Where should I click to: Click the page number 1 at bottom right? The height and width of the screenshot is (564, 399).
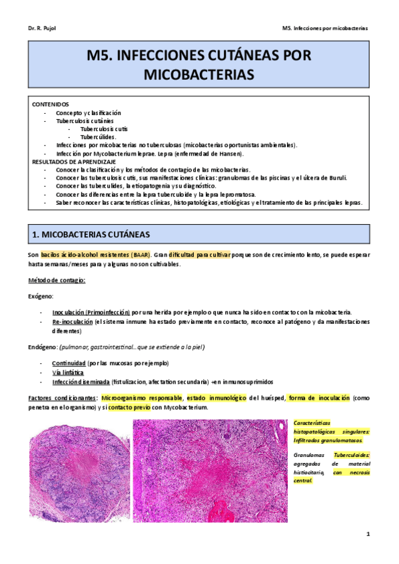click(367, 534)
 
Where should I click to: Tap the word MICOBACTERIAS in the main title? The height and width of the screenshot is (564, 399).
click(199, 74)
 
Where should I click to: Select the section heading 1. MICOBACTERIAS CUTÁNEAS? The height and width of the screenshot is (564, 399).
click(92, 235)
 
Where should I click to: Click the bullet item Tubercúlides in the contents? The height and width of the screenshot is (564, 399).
click(98, 137)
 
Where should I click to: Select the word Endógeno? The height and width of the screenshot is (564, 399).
click(41, 347)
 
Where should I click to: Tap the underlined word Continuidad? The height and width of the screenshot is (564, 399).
click(69, 363)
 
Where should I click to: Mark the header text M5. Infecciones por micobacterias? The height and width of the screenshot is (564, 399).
click(325, 29)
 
